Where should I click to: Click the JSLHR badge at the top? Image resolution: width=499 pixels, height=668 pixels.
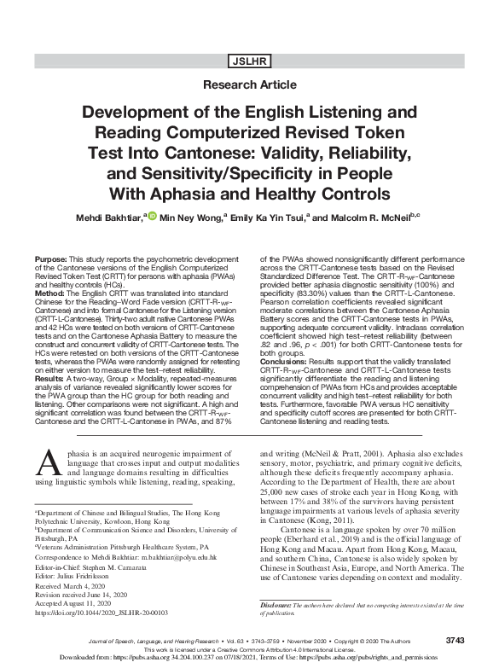click(x=249, y=61)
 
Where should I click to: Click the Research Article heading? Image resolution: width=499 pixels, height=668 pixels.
click(x=249, y=85)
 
